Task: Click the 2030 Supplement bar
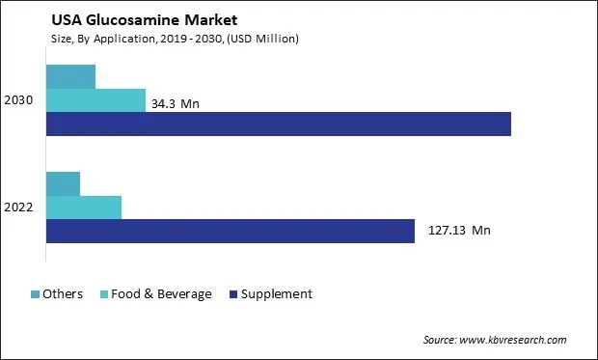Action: (x=278, y=125)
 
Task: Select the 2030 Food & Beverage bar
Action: (x=95, y=100)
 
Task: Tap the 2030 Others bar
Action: (x=70, y=76)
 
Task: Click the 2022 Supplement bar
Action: (x=230, y=232)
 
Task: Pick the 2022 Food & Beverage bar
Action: (x=83, y=208)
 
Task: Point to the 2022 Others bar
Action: (x=63, y=183)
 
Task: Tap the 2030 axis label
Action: (x=19, y=100)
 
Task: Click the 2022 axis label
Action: (x=19, y=208)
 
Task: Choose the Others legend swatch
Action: (x=36, y=294)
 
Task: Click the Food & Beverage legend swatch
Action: (x=103, y=294)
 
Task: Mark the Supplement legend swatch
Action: (x=233, y=294)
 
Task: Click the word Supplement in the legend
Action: (x=278, y=294)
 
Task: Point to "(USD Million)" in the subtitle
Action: (x=260, y=39)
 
